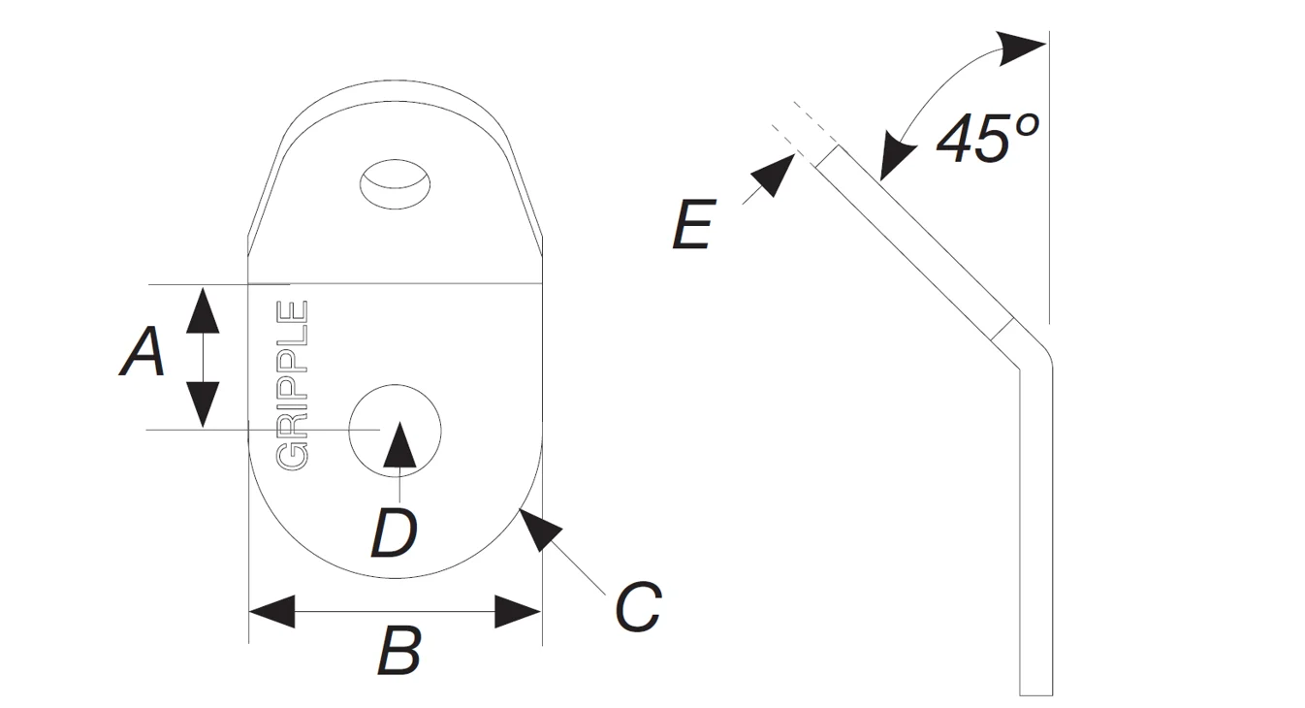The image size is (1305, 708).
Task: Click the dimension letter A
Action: click(143, 352)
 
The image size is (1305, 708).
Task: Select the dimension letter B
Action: click(398, 652)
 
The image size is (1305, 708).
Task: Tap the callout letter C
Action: click(638, 608)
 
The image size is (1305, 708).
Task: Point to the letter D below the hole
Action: click(394, 532)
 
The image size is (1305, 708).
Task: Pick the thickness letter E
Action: click(693, 226)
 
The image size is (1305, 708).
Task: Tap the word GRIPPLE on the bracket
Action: click(293, 385)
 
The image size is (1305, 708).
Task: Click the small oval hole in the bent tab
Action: click(395, 182)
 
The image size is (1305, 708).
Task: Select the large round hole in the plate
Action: click(395, 429)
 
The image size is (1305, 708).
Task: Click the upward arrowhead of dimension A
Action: click(202, 309)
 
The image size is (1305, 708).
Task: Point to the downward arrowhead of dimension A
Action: click(202, 405)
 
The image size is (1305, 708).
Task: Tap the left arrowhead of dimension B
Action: click(271, 612)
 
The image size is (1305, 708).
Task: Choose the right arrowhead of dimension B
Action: click(518, 612)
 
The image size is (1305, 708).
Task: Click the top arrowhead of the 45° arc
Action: click(1022, 47)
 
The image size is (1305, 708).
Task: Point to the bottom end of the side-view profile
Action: click(1035, 692)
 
